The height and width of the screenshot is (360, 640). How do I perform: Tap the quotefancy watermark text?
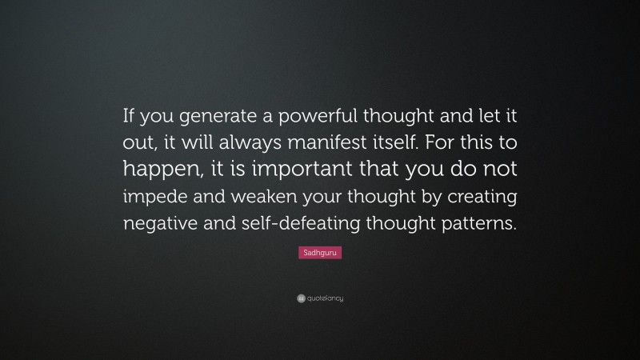(325, 298)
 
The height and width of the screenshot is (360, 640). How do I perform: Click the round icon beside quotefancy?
(301, 298)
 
